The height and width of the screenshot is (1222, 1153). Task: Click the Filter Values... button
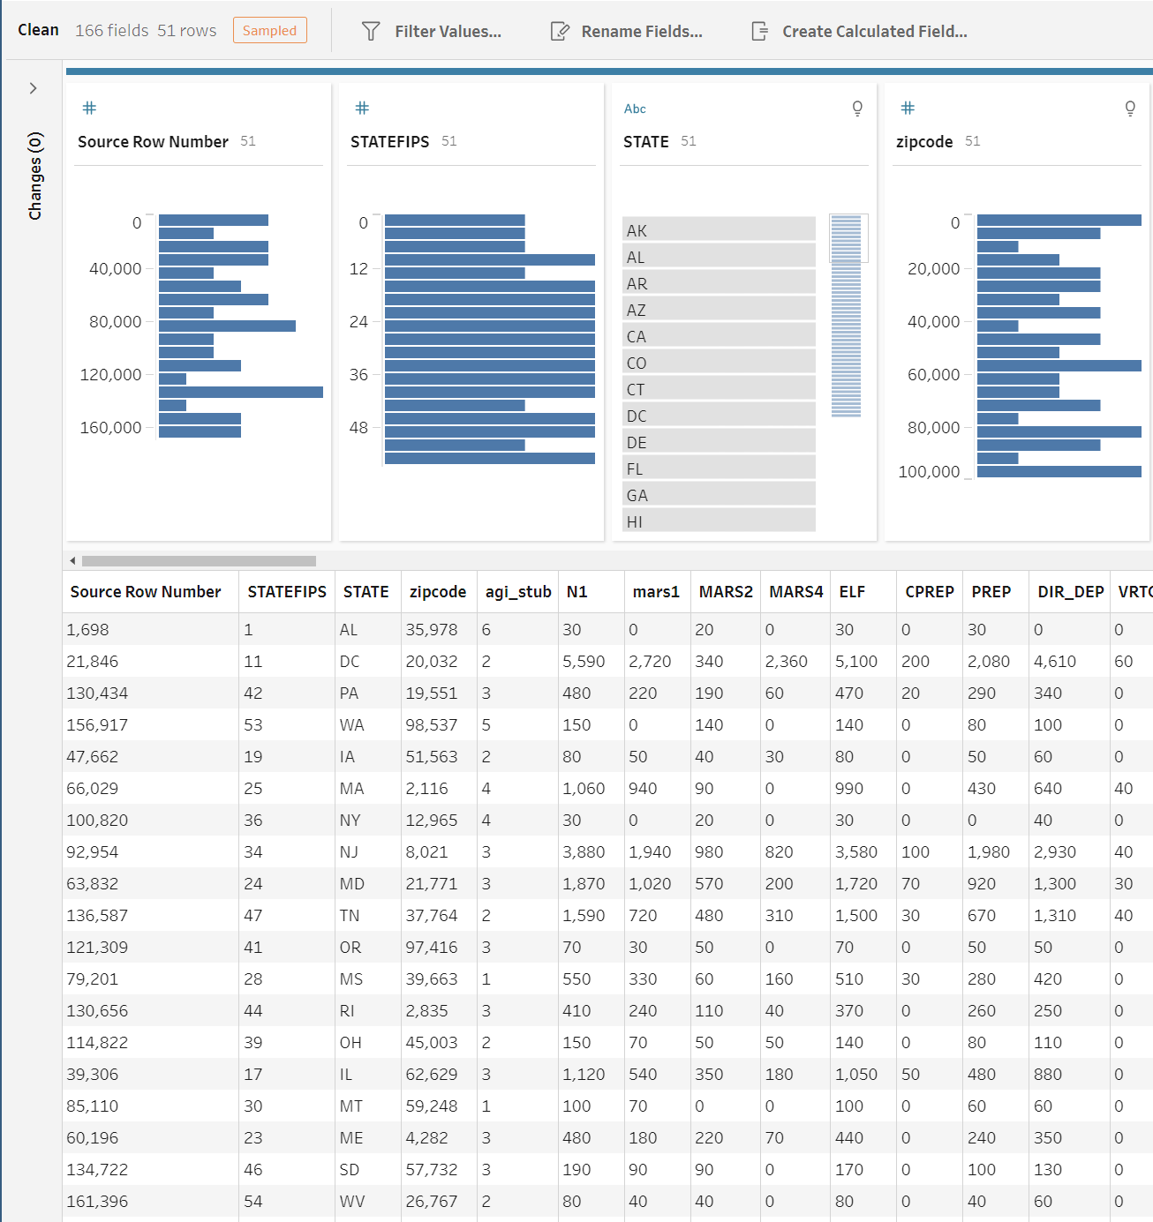[432, 32]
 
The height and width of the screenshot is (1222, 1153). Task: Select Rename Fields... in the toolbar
[627, 32]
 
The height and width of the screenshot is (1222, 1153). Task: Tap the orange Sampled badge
[269, 30]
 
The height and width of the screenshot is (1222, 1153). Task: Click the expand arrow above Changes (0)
[34, 88]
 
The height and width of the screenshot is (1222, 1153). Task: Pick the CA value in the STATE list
[718, 336]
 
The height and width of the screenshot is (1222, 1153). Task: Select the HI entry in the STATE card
[718, 521]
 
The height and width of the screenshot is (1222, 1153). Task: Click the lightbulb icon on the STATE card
[856, 109]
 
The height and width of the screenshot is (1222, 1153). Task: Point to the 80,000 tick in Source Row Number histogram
[115, 322]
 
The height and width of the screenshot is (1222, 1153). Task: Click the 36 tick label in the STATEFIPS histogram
[358, 375]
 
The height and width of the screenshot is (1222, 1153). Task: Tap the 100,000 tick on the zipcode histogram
[929, 472]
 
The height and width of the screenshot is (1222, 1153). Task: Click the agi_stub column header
[517, 592]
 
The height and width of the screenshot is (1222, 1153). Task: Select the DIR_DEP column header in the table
[1070, 592]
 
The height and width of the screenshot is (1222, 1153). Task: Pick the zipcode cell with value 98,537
[432, 725]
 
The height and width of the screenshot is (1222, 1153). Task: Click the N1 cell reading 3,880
[584, 852]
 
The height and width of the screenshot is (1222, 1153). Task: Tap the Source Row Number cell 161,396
[97, 1202]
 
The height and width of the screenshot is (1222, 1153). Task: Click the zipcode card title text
[923, 142]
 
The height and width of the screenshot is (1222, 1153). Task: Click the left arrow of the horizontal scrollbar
[72, 561]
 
